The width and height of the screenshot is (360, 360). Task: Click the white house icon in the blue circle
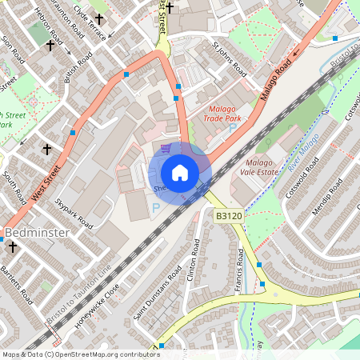pyautogui.click(x=180, y=172)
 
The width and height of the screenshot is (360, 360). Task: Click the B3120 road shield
pyautogui.click(x=228, y=216)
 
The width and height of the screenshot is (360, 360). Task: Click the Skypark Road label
pyautogui.click(x=74, y=210)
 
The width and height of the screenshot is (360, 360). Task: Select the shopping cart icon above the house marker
pyautogui.click(x=166, y=148)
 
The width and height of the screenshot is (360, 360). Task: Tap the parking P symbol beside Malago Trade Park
pyautogui.click(x=233, y=128)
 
